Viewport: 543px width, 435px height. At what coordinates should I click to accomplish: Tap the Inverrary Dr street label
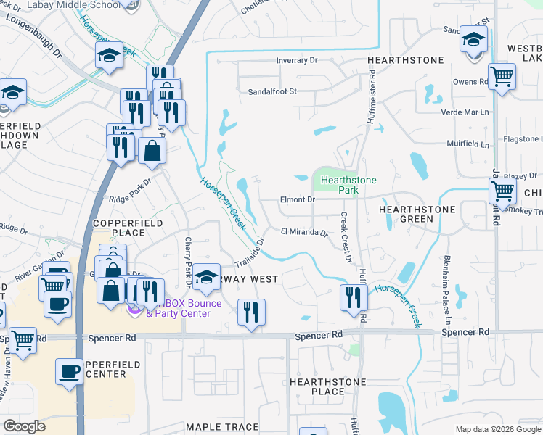coord(299,61)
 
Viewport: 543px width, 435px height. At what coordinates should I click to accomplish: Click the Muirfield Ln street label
coord(467,144)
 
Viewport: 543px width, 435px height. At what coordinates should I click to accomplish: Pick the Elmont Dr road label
coord(297,199)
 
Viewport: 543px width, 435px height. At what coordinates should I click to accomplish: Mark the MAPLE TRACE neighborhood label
coord(217,427)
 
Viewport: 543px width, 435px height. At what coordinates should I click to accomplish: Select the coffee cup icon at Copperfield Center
coord(70,372)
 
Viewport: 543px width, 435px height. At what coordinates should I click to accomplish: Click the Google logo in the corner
coord(24,426)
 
